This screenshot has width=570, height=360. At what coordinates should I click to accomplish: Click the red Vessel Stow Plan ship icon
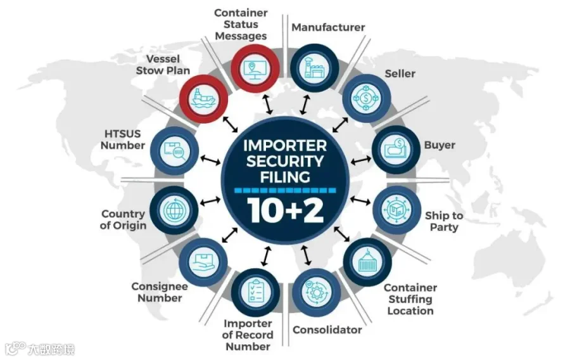pyautogui.click(x=203, y=98)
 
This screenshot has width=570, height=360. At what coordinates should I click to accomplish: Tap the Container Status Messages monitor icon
pyautogui.click(x=255, y=68)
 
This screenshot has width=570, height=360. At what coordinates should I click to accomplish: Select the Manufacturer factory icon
pyautogui.click(x=315, y=68)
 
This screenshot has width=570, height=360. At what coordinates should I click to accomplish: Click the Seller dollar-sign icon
pyautogui.click(x=367, y=98)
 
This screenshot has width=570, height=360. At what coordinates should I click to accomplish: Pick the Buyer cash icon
pyautogui.click(x=396, y=149)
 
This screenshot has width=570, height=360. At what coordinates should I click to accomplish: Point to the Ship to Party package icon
pyautogui.click(x=396, y=210)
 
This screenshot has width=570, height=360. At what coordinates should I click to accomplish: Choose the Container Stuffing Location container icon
pyautogui.click(x=367, y=262)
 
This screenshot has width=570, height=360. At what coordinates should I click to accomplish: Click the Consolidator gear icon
pyautogui.click(x=316, y=292)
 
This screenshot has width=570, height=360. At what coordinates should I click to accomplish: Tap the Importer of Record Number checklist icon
pyautogui.click(x=255, y=292)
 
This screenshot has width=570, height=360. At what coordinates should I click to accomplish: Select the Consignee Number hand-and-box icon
pyautogui.click(x=203, y=262)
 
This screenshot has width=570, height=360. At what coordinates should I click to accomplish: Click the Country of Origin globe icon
pyautogui.click(x=174, y=210)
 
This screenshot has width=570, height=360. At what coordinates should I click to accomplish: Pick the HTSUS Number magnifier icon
pyautogui.click(x=175, y=151)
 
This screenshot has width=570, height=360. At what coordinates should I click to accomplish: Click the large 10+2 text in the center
pyautogui.click(x=286, y=210)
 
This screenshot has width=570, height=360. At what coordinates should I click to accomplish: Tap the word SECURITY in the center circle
pyautogui.click(x=285, y=162)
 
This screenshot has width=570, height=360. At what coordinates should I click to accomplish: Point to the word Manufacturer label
pyautogui.click(x=328, y=27)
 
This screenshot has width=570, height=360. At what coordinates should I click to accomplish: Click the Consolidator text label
pyautogui.click(x=327, y=330)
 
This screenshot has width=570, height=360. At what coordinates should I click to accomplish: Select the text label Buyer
pyautogui.click(x=440, y=145)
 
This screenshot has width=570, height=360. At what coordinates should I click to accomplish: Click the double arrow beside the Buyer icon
pyautogui.click(x=360, y=160)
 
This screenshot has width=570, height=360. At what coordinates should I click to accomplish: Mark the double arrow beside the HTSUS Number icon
pyautogui.click(x=210, y=160)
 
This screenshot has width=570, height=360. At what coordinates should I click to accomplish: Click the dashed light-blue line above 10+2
pyautogui.click(x=286, y=190)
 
